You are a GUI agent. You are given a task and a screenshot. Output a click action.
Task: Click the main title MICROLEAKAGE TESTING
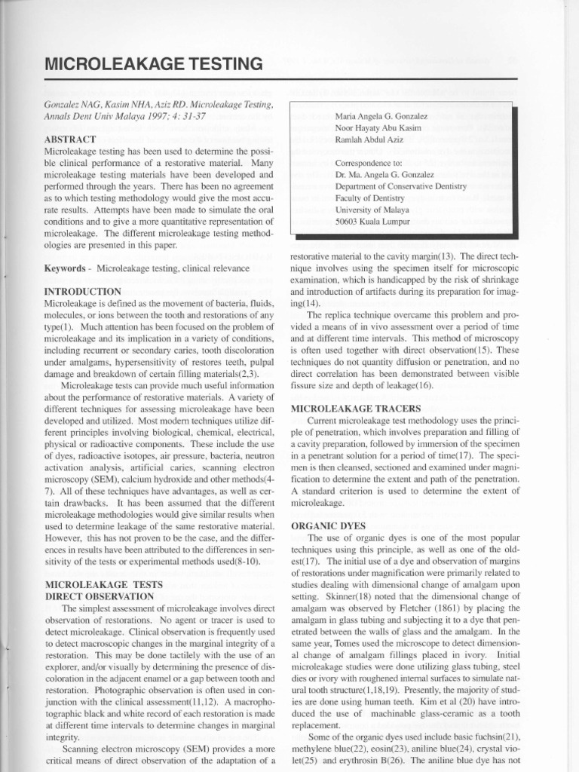(154, 64)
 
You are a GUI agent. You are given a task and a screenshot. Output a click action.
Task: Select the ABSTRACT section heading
(70, 139)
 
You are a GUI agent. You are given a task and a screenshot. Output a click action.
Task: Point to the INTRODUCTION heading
(83, 291)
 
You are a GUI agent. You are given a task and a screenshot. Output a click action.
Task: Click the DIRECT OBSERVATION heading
(100, 596)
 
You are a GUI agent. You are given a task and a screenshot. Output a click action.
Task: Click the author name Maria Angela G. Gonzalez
(382, 116)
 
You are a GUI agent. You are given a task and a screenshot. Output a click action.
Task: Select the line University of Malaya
(372, 210)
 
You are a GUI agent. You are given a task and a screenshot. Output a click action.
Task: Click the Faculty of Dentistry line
(372, 198)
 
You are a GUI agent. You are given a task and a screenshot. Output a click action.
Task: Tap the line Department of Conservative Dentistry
(401, 186)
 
